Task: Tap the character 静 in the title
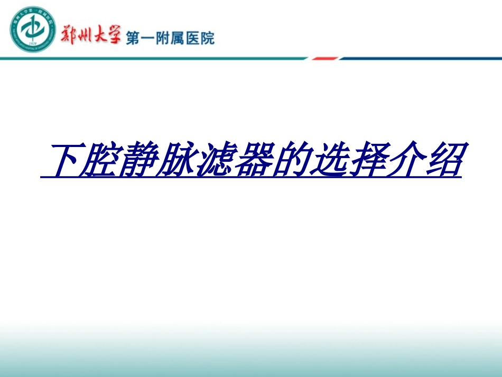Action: tap(144, 159)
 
